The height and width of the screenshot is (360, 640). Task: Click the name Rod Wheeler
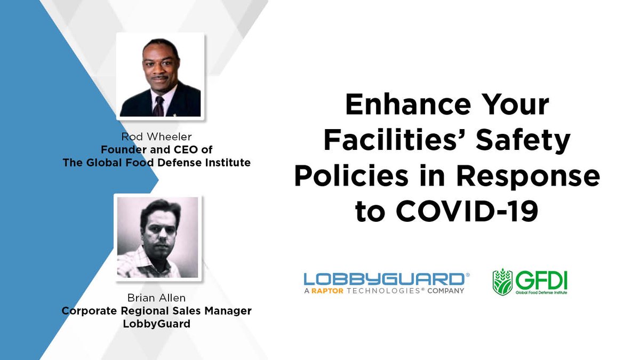coord(156,137)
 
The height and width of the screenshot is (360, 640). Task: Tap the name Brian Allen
coord(156,298)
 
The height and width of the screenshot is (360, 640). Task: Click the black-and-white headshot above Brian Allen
coord(157,237)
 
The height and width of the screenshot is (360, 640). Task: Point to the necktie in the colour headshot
coord(158,105)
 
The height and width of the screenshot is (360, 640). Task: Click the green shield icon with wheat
coord(502,282)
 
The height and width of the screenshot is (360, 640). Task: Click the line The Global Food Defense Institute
coord(156,163)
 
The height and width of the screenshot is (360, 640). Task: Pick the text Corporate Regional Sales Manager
coord(156,311)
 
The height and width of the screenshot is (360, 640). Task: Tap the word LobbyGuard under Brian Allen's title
coord(156,323)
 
